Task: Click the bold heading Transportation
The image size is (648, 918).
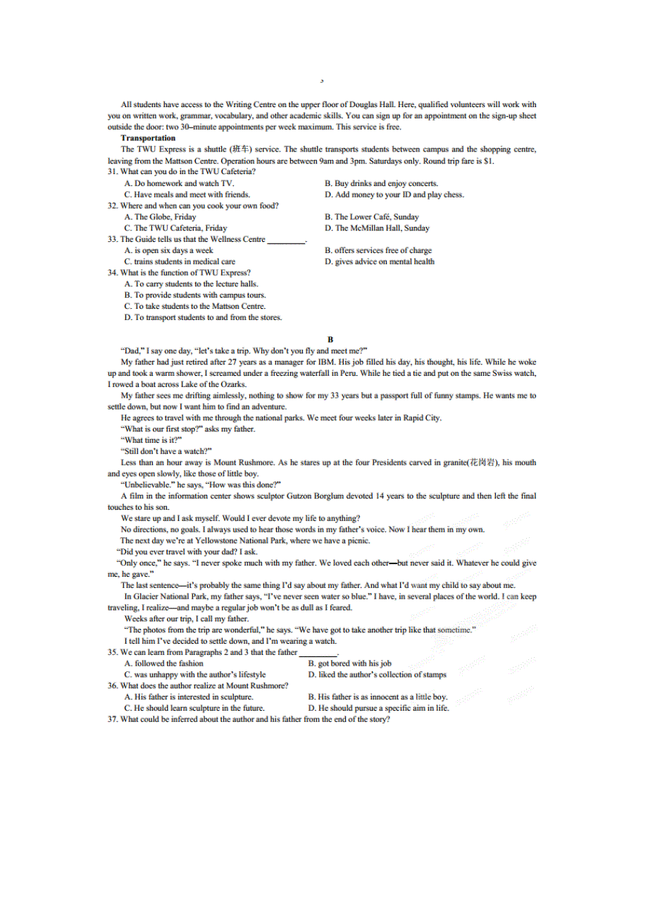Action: point(148,138)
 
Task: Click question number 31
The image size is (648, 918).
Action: point(113,172)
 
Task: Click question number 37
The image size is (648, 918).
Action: point(113,719)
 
